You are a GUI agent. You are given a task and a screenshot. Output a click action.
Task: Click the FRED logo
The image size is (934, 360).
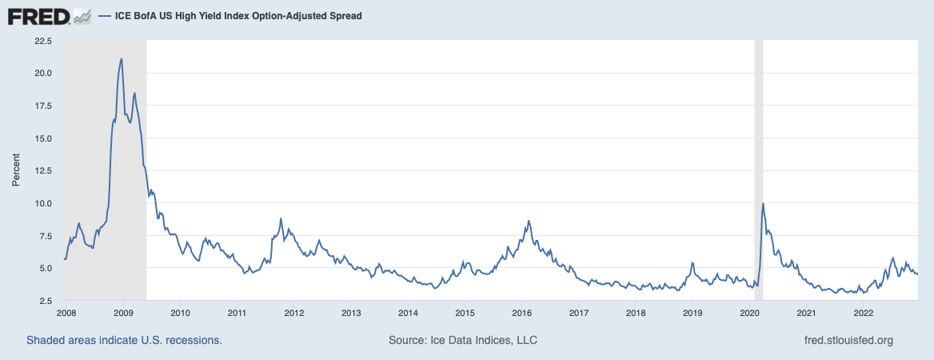tap(39, 15)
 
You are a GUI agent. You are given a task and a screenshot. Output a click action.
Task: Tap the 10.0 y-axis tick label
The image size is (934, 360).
tap(42, 203)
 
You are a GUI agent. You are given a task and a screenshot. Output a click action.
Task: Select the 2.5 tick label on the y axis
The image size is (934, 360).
tap(44, 301)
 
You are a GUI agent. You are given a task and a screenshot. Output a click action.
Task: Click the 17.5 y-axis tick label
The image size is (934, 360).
tap(42, 106)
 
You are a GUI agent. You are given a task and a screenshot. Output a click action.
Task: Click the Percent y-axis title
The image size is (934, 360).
tap(16, 170)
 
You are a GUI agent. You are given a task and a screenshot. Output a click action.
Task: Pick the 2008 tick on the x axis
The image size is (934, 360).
tap(66, 312)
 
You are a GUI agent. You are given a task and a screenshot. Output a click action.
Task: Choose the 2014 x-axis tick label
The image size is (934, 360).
tap(408, 312)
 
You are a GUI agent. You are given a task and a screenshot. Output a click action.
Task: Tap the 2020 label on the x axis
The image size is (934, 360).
tap(749, 312)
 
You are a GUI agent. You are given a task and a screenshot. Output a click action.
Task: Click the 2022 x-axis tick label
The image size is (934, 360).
tap(864, 312)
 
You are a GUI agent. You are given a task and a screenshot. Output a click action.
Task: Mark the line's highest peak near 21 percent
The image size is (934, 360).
tap(121, 58)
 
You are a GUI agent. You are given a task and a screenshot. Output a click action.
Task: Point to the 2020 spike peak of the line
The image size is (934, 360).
tap(764, 203)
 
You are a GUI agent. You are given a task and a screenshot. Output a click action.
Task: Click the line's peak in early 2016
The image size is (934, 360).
tap(529, 220)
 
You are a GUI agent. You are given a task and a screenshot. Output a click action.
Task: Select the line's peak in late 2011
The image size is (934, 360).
tap(281, 218)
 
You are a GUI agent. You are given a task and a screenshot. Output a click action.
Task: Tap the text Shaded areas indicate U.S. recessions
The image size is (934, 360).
tap(124, 340)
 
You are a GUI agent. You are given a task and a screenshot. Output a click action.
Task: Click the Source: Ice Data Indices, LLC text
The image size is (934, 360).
tap(463, 340)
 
